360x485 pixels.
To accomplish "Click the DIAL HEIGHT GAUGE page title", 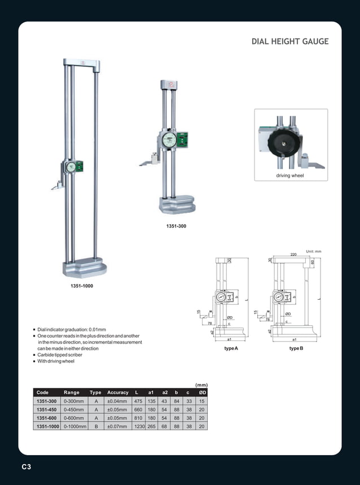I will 289,42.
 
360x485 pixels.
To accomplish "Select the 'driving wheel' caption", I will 290,176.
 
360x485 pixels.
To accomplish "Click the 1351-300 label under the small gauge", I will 176,226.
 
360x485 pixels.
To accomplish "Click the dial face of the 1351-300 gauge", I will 169,140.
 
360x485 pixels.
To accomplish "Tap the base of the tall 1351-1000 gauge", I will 85,267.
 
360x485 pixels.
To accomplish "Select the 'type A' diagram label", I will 231,349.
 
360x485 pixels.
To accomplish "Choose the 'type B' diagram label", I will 296,349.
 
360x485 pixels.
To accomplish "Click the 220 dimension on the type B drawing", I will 293,255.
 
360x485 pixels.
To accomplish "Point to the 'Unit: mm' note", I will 313,251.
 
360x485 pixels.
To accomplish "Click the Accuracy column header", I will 118,392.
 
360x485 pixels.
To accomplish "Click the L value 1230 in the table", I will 139,427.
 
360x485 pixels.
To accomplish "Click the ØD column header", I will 202,392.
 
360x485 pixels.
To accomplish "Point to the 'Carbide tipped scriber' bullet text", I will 60,355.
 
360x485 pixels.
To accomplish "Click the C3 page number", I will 27,467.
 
